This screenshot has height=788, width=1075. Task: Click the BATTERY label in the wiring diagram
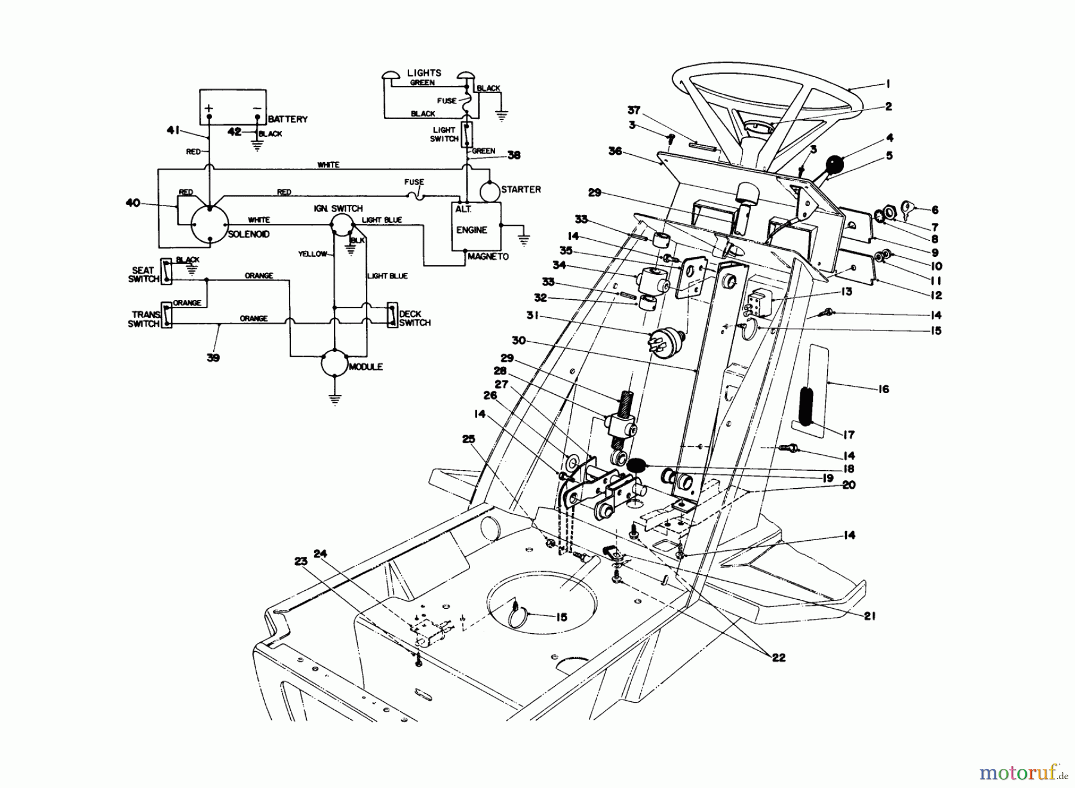[287, 119]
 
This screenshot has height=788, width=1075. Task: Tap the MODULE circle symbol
[334, 364]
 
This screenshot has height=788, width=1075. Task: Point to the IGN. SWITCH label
[338, 209]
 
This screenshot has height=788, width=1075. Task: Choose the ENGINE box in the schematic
[475, 226]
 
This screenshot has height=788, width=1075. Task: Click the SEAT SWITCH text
[143, 274]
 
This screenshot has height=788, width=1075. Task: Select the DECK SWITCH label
[414, 318]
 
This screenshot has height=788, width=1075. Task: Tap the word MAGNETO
[488, 257]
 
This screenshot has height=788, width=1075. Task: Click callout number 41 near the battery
[173, 130]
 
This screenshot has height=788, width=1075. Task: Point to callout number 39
[213, 358]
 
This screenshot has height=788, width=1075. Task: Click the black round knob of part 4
[834, 163]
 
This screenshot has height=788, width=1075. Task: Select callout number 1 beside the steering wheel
[888, 84]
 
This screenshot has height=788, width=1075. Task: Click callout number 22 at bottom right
[778, 658]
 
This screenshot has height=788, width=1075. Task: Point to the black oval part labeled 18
[635, 464]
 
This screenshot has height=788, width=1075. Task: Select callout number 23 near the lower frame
[300, 561]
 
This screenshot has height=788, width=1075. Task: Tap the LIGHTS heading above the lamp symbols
[424, 73]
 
